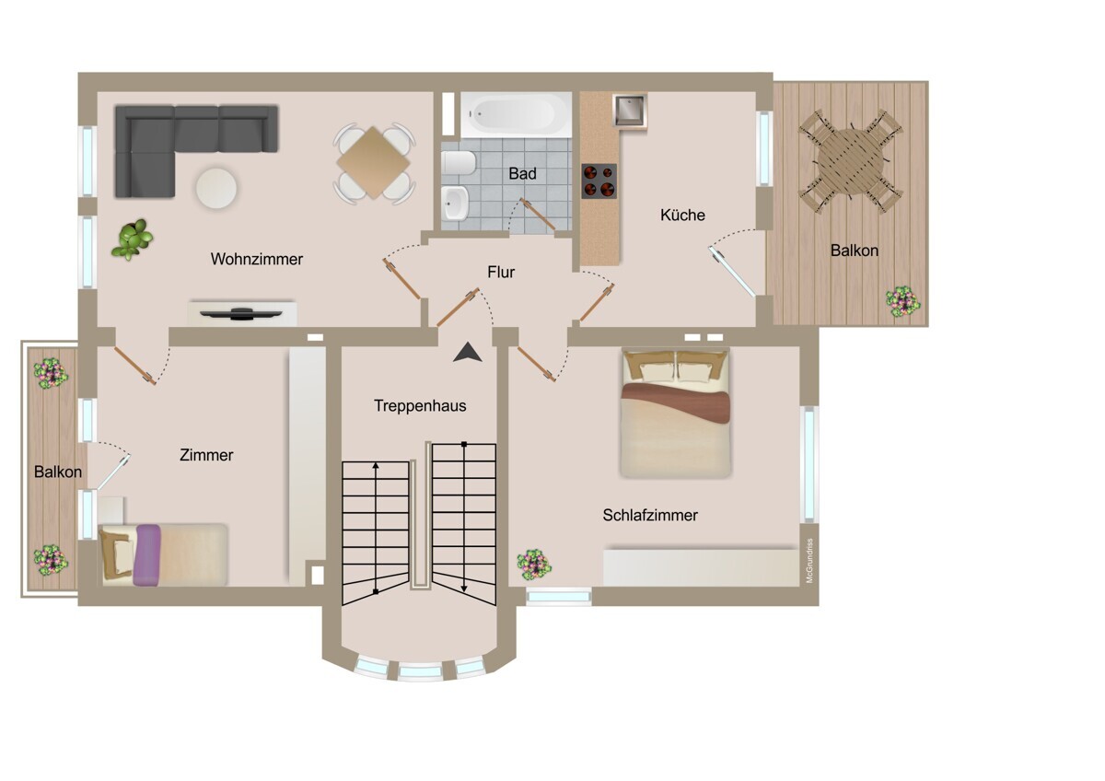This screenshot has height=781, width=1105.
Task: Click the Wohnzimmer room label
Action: (257, 259)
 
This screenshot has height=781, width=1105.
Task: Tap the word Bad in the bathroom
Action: (522, 174)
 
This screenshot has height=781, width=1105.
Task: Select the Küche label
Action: (682, 216)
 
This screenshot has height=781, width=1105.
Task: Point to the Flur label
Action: (501, 272)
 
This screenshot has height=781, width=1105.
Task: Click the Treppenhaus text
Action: (420, 405)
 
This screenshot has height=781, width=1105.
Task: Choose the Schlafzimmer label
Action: (650, 515)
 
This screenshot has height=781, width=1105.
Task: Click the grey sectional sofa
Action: (196, 150)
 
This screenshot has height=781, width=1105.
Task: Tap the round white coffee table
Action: (216, 188)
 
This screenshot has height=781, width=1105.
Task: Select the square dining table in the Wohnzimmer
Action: (374, 162)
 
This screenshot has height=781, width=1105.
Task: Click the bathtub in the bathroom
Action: (516, 115)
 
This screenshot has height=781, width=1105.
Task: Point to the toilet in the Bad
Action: (459, 163)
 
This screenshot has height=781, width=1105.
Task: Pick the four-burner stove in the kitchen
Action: (599, 181)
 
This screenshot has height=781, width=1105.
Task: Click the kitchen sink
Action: (630, 111)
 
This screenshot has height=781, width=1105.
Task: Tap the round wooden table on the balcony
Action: (851, 161)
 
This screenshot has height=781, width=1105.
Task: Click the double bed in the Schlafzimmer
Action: (675, 414)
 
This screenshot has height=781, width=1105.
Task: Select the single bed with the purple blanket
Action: (163, 555)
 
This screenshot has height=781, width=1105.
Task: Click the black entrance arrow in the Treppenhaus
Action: (467, 354)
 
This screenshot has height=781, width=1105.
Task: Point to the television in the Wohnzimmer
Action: (241, 314)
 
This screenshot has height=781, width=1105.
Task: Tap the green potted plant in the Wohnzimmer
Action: (133, 239)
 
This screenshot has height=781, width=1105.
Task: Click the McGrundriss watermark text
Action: (809, 561)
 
